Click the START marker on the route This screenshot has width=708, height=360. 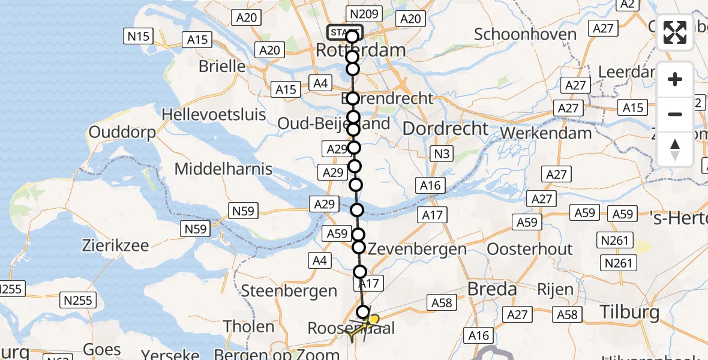(x=345, y=31)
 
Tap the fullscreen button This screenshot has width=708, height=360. (x=675, y=33)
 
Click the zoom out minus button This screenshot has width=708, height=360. (x=675, y=114)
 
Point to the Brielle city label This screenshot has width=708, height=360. (x=222, y=66)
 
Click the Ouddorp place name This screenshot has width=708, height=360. (x=122, y=132)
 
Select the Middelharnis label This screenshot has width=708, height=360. (x=223, y=169)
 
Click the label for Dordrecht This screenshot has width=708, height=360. (x=446, y=128)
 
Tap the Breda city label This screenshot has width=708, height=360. (x=492, y=289)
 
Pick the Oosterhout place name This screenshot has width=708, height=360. (x=530, y=248)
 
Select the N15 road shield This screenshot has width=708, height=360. (x=138, y=36)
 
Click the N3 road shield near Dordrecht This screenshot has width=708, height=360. (x=442, y=154)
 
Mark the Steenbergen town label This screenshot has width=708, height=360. (x=289, y=292)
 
